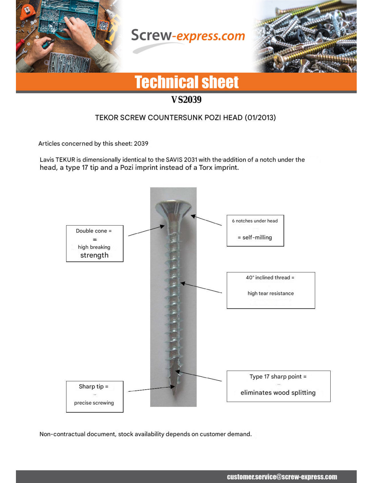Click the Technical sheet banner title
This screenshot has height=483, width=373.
point(186,82)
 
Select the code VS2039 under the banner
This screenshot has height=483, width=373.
point(186,100)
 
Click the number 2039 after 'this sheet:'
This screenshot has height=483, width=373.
point(141,143)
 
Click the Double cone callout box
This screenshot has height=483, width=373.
point(95,243)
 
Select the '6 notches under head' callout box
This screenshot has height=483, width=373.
point(255,230)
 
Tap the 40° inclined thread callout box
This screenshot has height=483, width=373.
point(271,290)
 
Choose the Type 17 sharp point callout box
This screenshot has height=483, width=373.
point(278,386)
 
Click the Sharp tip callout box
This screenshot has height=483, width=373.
point(95,396)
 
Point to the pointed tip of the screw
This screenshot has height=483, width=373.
point(174,392)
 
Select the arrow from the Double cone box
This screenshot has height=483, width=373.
point(146,231)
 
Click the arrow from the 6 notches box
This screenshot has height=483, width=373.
point(206,220)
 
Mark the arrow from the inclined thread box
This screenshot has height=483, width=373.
point(201,288)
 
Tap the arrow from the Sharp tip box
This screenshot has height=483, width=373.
point(151,389)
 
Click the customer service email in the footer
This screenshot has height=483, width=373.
point(282,477)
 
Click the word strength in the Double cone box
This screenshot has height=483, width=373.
point(94,255)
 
